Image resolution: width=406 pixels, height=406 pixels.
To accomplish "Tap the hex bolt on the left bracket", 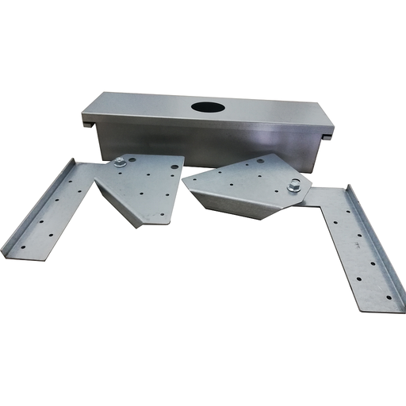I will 120,163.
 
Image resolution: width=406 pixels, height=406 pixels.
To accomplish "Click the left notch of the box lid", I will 88,123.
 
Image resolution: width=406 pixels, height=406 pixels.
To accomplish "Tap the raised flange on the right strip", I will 381,238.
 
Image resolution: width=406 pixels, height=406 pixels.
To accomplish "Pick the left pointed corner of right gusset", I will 184,181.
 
